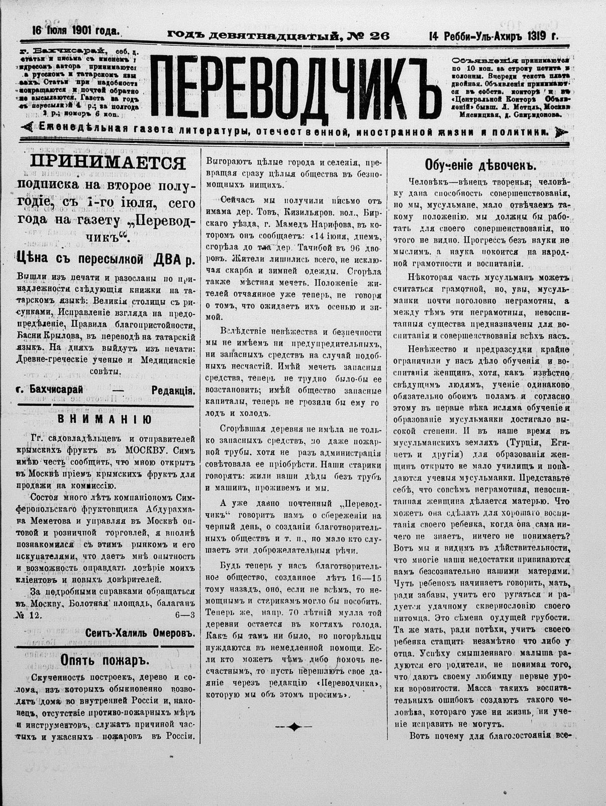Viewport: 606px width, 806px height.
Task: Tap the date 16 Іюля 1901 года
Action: (75, 30)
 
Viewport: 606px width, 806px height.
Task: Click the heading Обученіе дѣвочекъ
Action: (479, 165)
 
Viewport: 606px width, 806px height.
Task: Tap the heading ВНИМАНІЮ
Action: (106, 419)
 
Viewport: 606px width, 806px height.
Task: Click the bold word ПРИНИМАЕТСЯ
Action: (108, 163)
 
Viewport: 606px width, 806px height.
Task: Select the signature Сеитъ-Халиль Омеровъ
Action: (140, 633)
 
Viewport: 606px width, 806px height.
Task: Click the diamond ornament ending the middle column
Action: (294, 726)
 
